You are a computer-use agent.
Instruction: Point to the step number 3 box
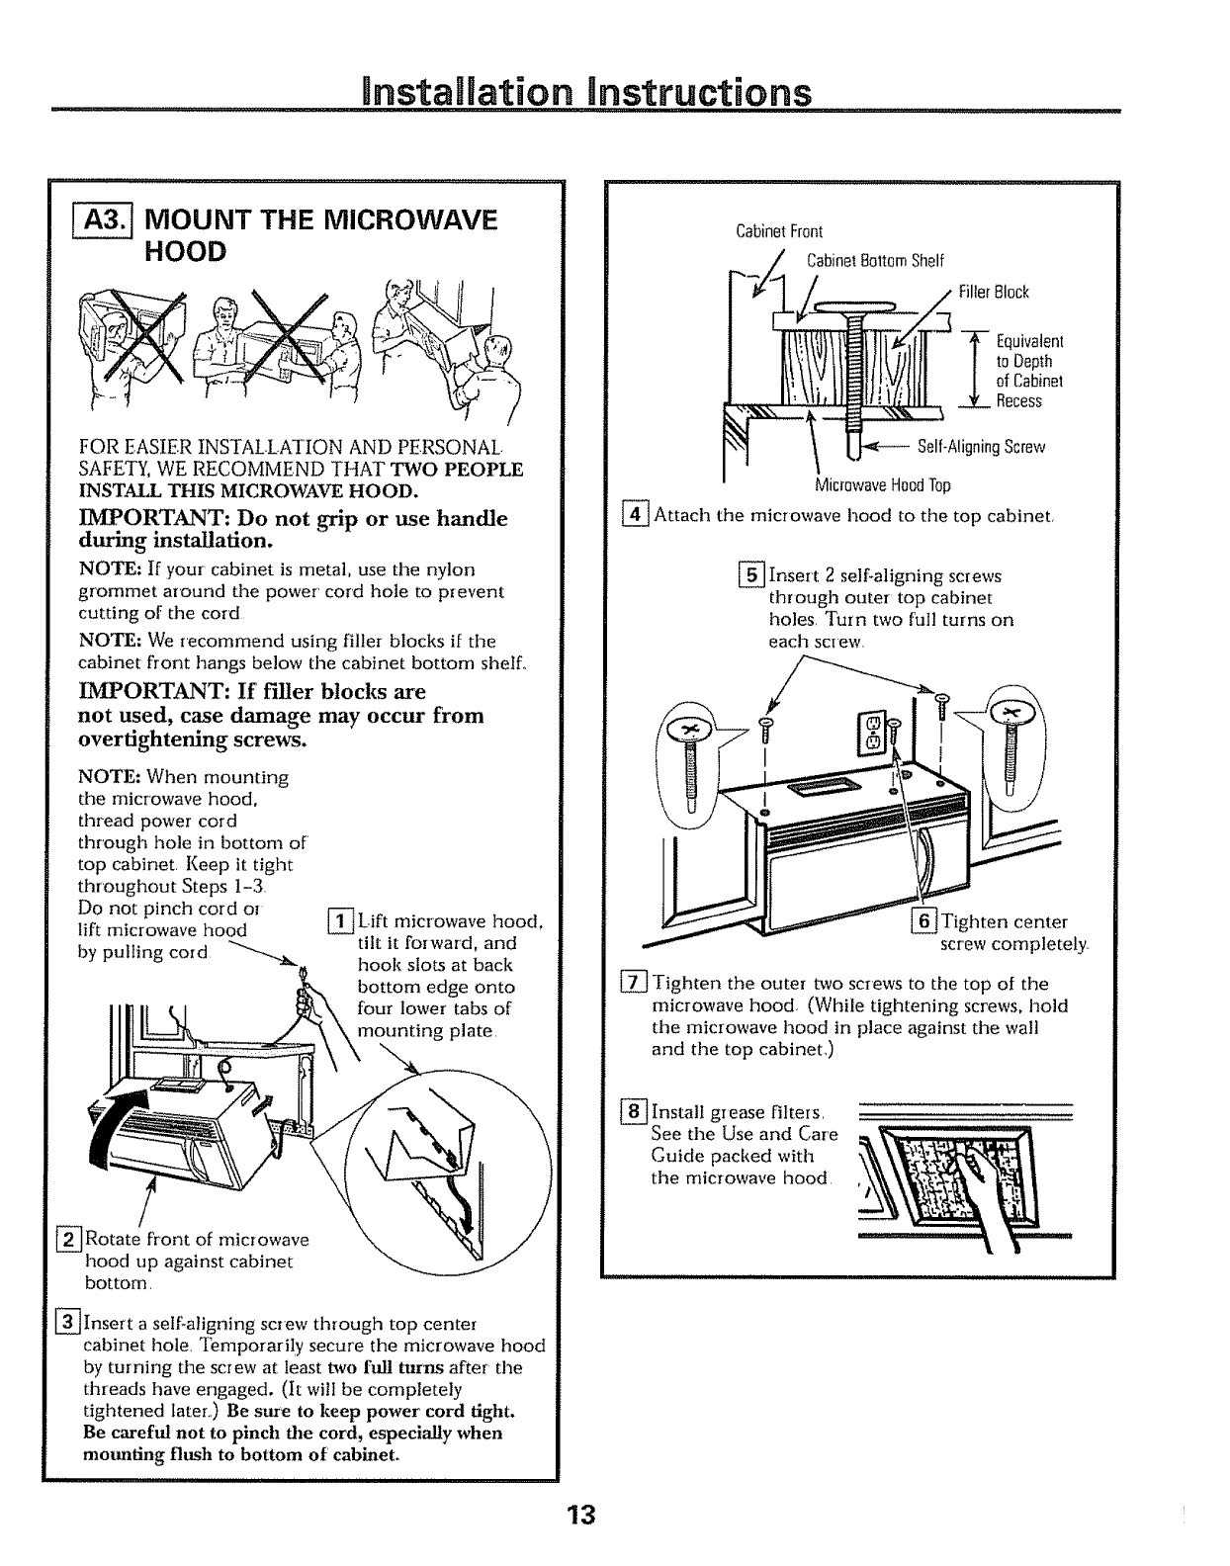pyautogui.click(x=70, y=1324)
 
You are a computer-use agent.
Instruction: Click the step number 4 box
pyautogui.click(x=639, y=515)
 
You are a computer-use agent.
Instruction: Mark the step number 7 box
pyautogui.click(x=637, y=984)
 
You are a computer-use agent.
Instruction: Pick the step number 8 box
pyautogui.click(x=637, y=1114)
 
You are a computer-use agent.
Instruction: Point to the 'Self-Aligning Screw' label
pyautogui.click(x=981, y=447)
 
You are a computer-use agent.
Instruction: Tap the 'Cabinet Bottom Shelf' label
pyautogui.click(x=875, y=261)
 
